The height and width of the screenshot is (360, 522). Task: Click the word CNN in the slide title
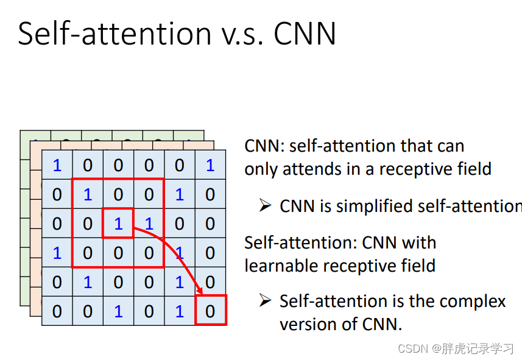pyautogui.click(x=305, y=34)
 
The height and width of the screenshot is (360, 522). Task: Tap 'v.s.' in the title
pyautogui.click(x=242, y=37)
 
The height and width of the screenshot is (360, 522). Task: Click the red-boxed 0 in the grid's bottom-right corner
pyautogui.click(x=210, y=311)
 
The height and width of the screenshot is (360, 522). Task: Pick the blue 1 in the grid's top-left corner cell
pyautogui.click(x=57, y=165)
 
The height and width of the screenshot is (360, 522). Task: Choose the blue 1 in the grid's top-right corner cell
pyautogui.click(x=210, y=165)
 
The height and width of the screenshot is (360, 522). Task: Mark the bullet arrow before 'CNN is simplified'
pyautogui.click(x=266, y=205)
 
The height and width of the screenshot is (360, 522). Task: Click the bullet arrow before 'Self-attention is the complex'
pyautogui.click(x=266, y=300)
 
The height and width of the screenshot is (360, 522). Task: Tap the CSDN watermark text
pyautogui.click(x=456, y=348)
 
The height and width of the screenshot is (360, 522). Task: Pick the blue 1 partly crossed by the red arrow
pyautogui.click(x=180, y=253)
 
